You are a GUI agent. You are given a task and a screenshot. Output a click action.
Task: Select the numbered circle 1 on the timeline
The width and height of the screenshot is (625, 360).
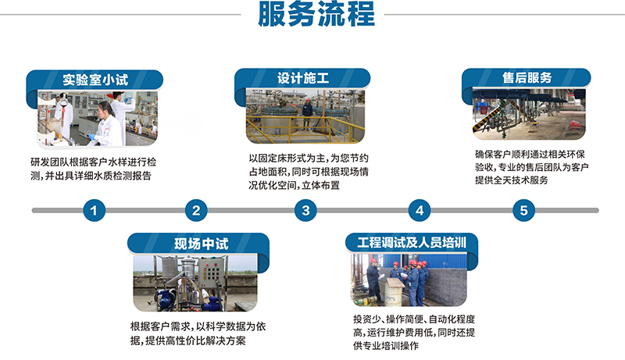[95, 210]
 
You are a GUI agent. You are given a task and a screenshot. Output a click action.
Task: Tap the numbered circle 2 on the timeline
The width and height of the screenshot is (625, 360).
[196, 210]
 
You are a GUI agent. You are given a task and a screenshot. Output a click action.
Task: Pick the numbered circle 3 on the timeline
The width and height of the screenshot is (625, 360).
[305, 210]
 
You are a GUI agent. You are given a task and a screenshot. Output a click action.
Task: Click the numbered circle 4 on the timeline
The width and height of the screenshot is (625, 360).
[420, 210]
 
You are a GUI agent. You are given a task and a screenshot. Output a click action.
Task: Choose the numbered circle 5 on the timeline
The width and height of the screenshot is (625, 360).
[523, 210]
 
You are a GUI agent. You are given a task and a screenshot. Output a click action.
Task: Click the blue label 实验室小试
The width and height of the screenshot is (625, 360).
[95, 79]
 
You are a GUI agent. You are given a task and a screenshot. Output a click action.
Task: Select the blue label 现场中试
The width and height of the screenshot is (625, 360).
[199, 243]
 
